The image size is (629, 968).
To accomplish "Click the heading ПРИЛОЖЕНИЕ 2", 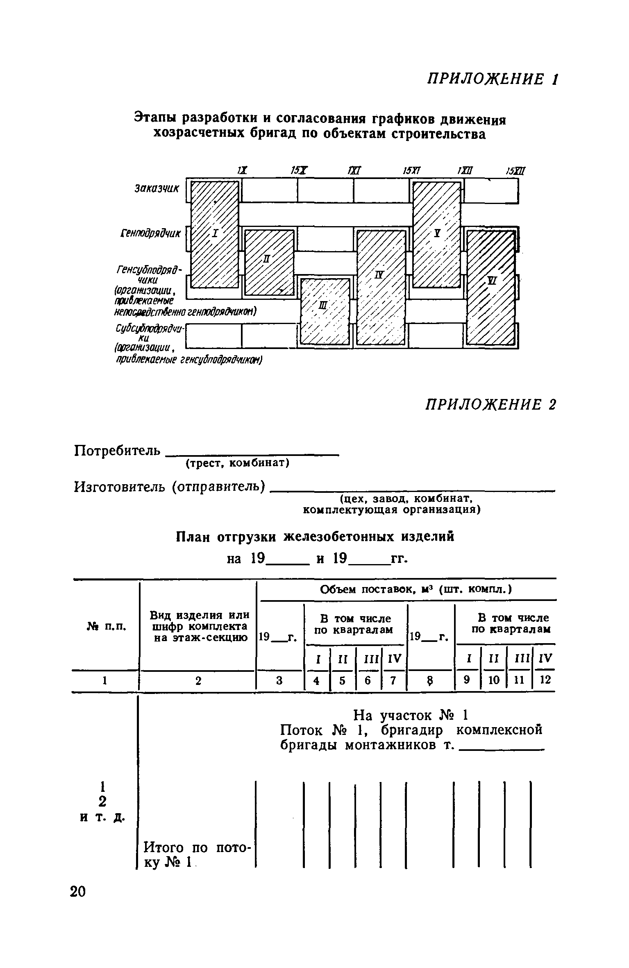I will pos(491,404).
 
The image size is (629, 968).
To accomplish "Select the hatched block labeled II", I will pos(269,262).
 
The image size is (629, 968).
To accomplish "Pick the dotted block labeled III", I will pos(325,311).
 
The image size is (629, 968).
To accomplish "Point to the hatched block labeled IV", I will pos(381,287).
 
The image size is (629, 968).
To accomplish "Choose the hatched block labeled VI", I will pos(491,287).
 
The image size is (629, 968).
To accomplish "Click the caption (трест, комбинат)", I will pos(238,463).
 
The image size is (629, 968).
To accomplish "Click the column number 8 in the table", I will pos(430,680).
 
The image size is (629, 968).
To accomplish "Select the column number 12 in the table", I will pos(545,680).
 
